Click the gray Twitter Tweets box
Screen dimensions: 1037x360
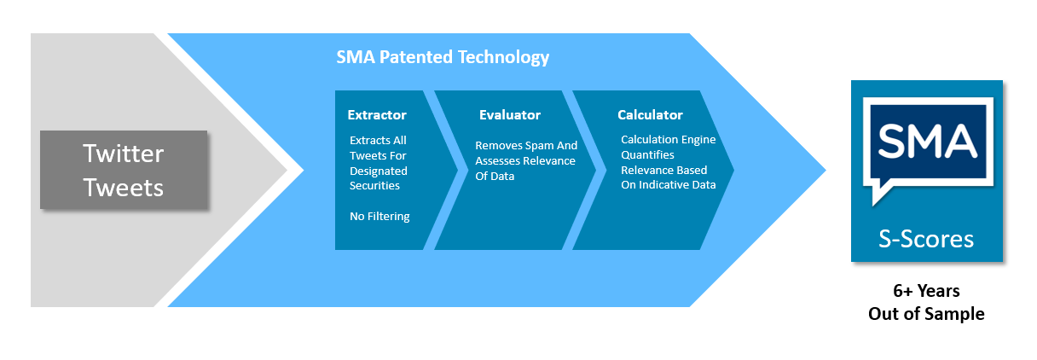[124, 170]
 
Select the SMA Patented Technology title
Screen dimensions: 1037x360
[443, 57]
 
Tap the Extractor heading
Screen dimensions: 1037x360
[377, 115]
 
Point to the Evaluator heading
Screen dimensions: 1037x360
[510, 115]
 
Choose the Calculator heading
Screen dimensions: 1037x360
[650, 115]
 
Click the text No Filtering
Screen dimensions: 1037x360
[379, 217]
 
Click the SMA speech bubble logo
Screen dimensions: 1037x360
[928, 149]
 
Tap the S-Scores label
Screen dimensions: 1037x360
[926, 239]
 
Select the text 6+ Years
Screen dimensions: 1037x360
[926, 291]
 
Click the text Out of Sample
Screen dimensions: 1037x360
[926, 314]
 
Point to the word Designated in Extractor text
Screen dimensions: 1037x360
[379, 171]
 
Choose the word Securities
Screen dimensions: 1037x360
[374, 186]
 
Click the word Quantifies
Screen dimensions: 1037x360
[647, 154]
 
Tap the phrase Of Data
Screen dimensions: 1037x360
[495, 176]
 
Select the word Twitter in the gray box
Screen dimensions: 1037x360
[123, 154]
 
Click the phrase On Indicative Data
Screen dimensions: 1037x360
[668, 185]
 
